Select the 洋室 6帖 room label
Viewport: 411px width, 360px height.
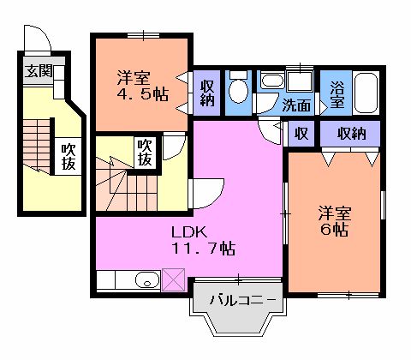(x=335, y=220)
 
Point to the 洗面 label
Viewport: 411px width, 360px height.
(x=297, y=106)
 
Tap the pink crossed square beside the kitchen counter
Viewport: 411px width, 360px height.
(x=173, y=279)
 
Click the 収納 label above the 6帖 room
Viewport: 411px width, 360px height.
(x=350, y=133)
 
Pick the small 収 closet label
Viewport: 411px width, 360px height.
(x=301, y=133)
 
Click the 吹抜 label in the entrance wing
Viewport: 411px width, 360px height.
(x=68, y=158)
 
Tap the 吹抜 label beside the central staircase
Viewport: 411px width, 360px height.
(x=146, y=152)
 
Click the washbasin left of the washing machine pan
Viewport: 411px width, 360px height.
(x=272, y=82)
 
